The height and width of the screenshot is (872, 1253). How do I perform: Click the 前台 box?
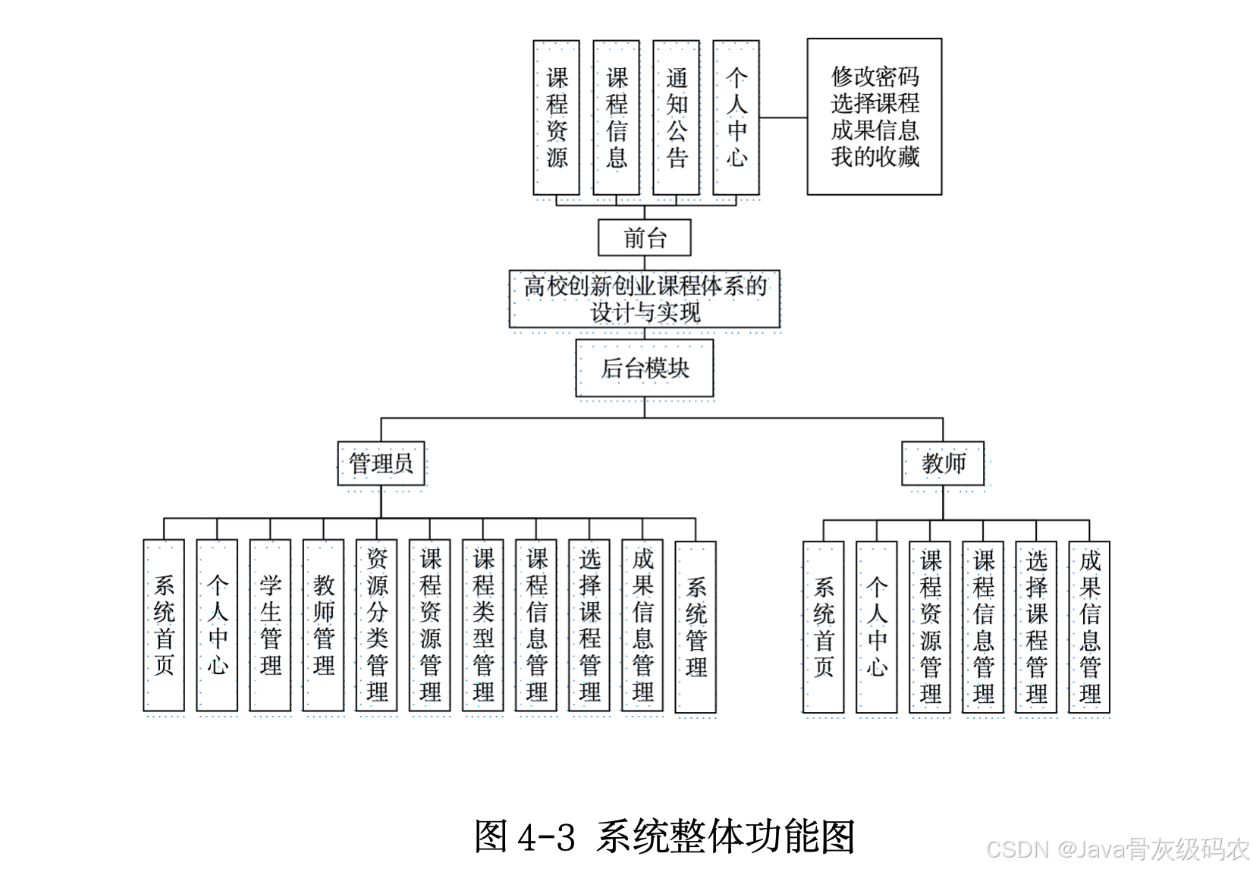644,238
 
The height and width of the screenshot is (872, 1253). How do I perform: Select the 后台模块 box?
644,369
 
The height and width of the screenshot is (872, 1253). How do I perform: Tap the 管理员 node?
381,463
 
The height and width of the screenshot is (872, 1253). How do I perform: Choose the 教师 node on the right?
943,463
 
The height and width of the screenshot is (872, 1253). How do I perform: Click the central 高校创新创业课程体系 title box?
644,299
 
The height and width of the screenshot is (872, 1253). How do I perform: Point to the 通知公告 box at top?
676,118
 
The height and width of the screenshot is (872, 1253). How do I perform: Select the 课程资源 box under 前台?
556,118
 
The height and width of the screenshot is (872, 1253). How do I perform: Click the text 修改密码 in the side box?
875,77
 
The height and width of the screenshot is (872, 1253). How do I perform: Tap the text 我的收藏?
875,157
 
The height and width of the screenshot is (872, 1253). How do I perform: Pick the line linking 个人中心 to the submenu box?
783,118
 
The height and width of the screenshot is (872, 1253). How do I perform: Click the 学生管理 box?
270,626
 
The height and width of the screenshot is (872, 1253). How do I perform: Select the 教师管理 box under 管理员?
323,626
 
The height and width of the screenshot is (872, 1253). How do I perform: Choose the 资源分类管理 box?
376,626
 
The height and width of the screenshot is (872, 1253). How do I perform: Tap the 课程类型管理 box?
482,626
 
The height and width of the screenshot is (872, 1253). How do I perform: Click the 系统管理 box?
696,627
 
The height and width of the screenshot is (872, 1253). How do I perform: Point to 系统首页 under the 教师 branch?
824,627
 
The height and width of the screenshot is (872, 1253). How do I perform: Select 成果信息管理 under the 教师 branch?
1089,627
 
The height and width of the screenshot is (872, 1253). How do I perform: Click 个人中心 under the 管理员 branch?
217,626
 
